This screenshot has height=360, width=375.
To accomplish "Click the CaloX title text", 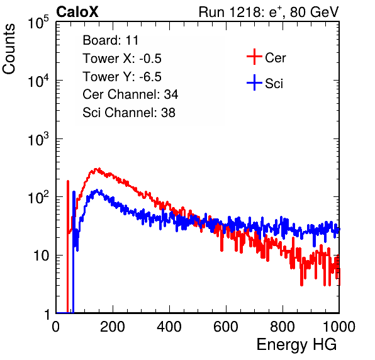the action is tap(77, 12).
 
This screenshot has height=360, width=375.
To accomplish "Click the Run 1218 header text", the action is tap(269, 12).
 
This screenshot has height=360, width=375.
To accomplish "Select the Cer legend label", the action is tap(275, 58).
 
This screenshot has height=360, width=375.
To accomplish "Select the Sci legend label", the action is tap(274, 84).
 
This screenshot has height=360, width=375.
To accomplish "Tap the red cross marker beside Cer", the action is tap(254, 57).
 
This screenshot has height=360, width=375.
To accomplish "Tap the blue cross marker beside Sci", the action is tap(254, 82).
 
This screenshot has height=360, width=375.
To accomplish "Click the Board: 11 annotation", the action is tap(111, 40).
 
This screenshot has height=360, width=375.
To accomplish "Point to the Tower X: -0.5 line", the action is tap(122, 59).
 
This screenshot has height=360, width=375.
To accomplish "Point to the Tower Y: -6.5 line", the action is tap(122, 77).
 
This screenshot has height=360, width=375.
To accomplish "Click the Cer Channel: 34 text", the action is tap(130, 94).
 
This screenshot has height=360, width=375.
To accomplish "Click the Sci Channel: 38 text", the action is tap(129, 113).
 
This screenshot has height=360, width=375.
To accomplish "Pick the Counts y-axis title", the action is tap(9, 48).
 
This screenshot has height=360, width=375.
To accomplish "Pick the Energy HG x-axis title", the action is tap(296, 345).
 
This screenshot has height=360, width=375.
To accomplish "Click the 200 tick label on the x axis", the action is tap(113, 327).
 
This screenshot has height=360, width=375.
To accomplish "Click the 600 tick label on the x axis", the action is tap(226, 327).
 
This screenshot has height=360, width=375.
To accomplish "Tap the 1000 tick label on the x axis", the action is tap(339, 327).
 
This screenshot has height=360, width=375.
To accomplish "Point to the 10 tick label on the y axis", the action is tap(42, 256).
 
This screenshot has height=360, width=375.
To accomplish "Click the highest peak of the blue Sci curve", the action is tap(97, 190).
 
